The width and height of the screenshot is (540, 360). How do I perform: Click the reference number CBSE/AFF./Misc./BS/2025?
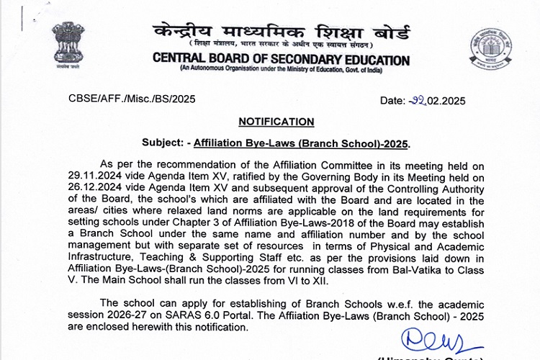[x=132, y=99]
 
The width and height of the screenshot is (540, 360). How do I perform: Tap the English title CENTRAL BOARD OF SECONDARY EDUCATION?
[x=282, y=60]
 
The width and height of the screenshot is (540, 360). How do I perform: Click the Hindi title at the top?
[x=282, y=32]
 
